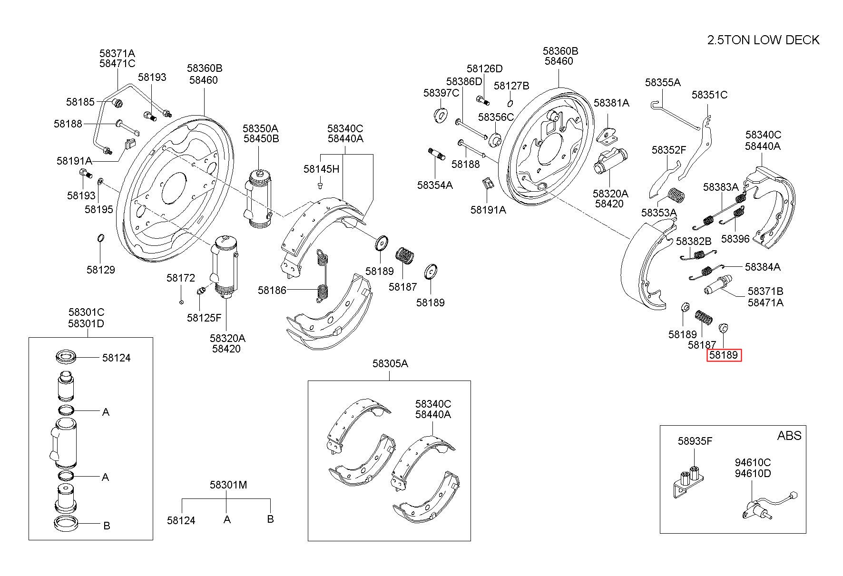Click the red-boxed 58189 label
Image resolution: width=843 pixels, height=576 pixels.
(724, 355)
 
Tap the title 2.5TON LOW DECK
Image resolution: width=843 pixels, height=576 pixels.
(763, 40)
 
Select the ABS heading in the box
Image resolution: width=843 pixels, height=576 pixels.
(789, 435)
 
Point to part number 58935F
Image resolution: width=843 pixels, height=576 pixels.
(695, 441)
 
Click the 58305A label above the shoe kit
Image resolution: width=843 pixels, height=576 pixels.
(390, 363)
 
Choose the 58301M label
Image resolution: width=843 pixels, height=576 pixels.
(228, 485)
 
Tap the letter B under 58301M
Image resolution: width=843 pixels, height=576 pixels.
(270, 519)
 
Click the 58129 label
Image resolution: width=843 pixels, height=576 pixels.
(101, 270)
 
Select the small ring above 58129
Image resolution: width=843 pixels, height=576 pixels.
(101, 237)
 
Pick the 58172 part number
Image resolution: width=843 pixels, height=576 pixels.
(181, 278)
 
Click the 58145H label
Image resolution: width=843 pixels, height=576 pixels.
(322, 168)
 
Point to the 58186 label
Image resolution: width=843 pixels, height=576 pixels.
(272, 290)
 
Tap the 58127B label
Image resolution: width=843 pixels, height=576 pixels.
(511, 86)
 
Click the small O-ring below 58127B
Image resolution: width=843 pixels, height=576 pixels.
(510, 103)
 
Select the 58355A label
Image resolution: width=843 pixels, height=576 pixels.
(663, 82)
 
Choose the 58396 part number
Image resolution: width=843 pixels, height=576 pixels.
(735, 239)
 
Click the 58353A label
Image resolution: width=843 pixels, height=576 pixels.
(659, 212)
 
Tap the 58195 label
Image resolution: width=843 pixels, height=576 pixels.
(99, 209)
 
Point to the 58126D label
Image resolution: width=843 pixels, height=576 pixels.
(484, 68)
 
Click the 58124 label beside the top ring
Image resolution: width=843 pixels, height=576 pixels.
(117, 358)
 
